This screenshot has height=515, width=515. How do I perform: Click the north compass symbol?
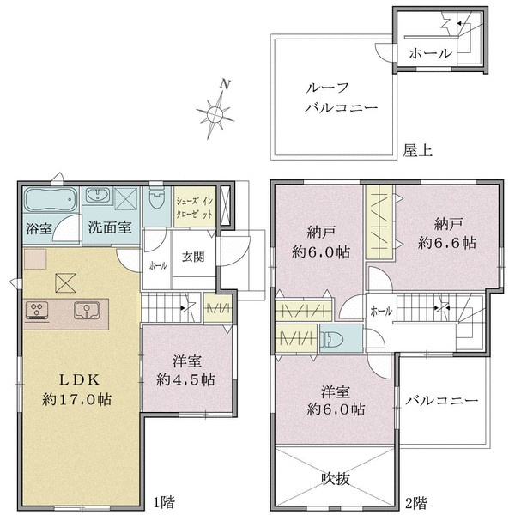(215, 110)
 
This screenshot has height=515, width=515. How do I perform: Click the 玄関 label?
(192, 257)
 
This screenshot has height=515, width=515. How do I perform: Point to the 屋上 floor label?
(418, 151)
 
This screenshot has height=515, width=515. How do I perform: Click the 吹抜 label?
(336, 479)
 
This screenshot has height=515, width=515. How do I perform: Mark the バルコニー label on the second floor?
(441, 401)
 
